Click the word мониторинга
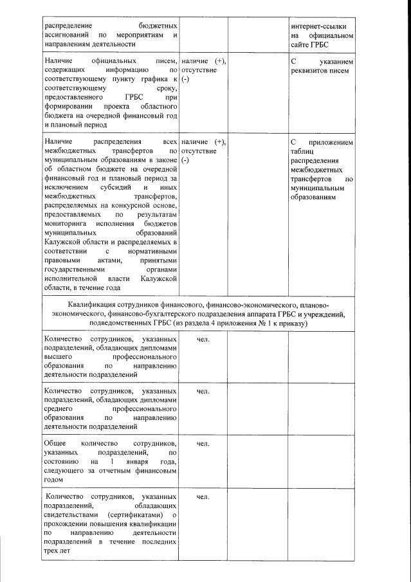[x=66, y=223]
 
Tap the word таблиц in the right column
[x=303, y=152]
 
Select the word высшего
[x=57, y=356]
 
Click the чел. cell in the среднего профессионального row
[x=203, y=391]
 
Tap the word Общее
[x=55, y=444]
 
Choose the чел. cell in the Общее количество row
[x=203, y=444]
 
